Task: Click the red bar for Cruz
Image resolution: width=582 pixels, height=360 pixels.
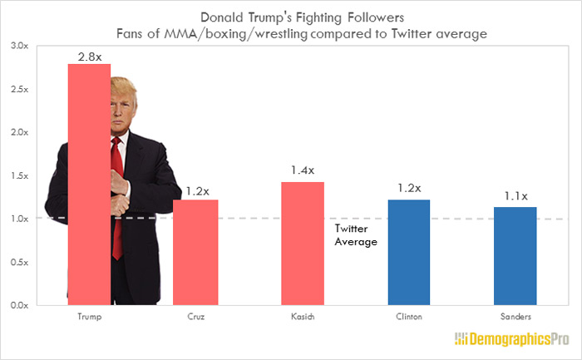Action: pos(195,252)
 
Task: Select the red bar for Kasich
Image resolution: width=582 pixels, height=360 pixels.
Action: pos(303,243)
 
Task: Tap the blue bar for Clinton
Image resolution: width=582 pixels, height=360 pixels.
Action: pos(408,252)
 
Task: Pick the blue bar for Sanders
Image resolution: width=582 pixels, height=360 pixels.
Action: pos(515,255)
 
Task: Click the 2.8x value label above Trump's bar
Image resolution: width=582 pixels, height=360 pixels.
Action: pos(89,55)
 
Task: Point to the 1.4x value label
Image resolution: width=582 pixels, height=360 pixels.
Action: pos(303,170)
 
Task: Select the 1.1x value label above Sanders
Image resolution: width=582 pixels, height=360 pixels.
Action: pos(515,196)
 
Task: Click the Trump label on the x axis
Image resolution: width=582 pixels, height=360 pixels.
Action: pos(89,317)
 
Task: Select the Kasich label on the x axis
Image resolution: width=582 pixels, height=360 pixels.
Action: pos(303,317)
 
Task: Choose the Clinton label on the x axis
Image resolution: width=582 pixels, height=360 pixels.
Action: pos(408,317)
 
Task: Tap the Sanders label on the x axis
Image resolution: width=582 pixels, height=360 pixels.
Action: pos(515,317)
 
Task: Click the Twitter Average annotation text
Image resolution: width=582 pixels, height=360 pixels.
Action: pos(356,234)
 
